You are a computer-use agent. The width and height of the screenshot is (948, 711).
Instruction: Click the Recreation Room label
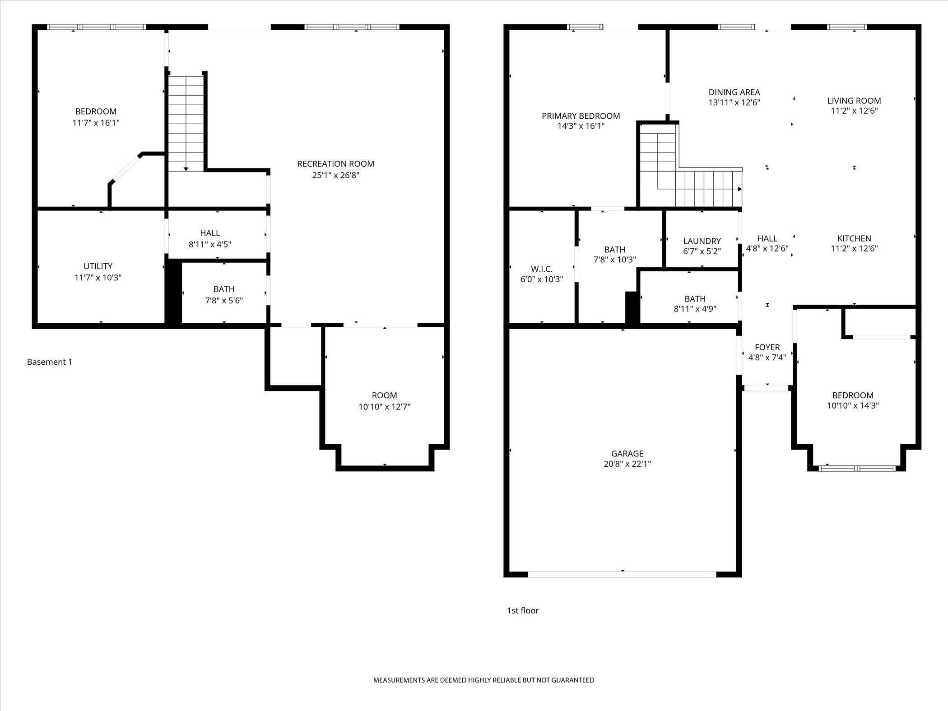335,164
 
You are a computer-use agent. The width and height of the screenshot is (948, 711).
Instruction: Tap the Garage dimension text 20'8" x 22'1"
627,464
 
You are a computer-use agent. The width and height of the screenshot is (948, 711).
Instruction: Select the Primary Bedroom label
581,116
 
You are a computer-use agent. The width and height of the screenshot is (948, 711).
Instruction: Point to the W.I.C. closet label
542,269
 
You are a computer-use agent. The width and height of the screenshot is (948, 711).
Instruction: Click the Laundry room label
702,241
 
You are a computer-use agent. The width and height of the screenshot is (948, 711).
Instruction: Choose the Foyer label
767,347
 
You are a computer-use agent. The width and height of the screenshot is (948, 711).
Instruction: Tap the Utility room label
98,266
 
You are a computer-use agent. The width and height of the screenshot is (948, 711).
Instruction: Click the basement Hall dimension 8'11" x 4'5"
210,244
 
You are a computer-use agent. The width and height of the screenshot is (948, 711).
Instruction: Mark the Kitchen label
854,238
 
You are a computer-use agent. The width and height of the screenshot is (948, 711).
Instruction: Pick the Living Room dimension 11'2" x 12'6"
854,111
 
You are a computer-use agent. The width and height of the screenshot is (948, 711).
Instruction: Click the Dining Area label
734,92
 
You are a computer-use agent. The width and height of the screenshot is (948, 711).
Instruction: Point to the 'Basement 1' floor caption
50,362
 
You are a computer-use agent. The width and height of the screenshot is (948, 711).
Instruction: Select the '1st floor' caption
523,610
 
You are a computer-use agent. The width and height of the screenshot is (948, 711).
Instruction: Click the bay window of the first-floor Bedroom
857,468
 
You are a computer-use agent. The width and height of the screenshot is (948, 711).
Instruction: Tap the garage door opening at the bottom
622,574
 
